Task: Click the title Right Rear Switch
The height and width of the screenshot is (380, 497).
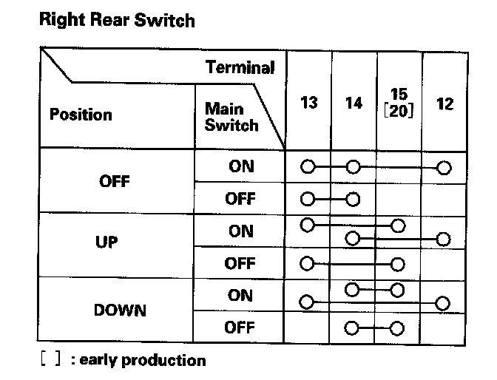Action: click(116, 20)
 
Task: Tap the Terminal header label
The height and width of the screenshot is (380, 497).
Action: click(240, 68)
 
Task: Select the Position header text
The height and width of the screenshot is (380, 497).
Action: click(81, 115)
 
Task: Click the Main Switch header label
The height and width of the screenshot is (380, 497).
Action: click(231, 117)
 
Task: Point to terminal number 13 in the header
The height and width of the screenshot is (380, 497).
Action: click(309, 103)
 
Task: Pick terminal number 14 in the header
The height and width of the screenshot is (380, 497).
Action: click(354, 103)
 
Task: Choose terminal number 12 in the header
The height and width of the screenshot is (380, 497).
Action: click(444, 103)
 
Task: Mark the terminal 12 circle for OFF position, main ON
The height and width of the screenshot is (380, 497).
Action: click(444, 167)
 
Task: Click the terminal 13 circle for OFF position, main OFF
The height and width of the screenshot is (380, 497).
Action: click(308, 199)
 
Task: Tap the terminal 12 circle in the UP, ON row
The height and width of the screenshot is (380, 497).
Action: click(444, 239)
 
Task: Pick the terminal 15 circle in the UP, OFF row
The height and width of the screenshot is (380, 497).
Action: click(399, 262)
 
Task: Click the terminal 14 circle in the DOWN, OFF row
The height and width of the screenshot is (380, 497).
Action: click(353, 328)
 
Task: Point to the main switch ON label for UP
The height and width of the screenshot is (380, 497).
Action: click(240, 231)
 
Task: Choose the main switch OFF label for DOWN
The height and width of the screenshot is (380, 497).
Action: click(240, 328)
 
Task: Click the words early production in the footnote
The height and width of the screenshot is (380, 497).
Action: click(142, 361)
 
